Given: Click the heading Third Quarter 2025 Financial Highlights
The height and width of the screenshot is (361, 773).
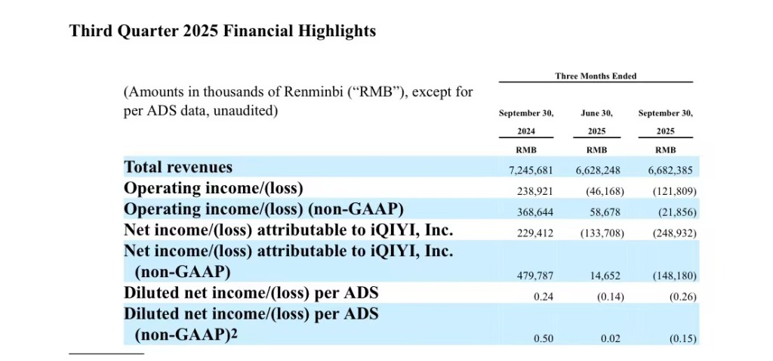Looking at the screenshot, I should coord(223,32).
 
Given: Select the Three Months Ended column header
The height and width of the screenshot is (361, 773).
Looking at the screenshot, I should coord(596,76).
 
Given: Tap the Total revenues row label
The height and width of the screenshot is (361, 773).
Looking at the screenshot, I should coord(178,167).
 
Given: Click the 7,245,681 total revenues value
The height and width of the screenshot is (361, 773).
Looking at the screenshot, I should coord(531,170).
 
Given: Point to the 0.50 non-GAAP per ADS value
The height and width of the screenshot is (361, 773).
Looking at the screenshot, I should coord(544,339).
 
